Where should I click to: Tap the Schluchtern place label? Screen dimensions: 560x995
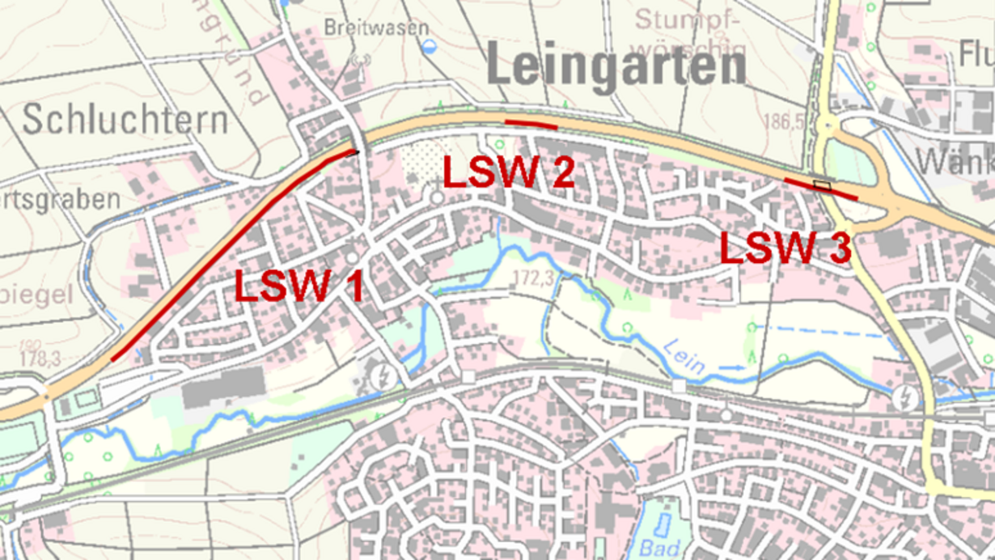tap(125, 121)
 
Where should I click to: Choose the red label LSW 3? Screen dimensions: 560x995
tap(785, 248)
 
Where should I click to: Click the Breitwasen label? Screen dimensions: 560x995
tap(364, 28)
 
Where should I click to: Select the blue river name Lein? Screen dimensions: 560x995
tap(684, 358)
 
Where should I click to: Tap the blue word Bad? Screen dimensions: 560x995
tap(659, 548)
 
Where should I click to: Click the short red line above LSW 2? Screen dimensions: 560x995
tap(531, 124)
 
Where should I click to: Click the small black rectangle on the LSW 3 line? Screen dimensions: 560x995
tap(822, 185)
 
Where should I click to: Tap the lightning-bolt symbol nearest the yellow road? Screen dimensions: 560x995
tap(905, 397)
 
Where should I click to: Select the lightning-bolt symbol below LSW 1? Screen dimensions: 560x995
tap(382, 375)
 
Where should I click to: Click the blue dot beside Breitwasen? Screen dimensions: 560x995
tap(429, 46)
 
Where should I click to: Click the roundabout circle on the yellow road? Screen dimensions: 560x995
tap(827, 125)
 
